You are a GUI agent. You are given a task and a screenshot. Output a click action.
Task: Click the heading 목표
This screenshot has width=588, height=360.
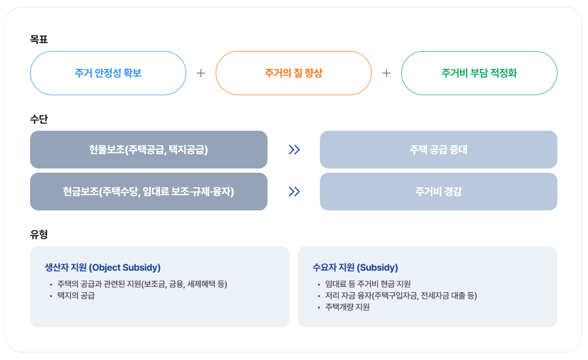39,40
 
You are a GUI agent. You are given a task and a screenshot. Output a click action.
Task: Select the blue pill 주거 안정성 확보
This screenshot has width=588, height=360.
108,73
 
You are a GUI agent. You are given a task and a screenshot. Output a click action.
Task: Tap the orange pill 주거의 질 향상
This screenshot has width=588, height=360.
293,73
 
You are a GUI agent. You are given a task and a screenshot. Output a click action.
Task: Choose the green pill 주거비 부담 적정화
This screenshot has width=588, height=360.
479,73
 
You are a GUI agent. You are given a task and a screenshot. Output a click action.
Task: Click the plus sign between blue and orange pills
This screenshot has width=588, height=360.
201,73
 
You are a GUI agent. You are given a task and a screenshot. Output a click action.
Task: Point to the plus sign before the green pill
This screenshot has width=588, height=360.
386,73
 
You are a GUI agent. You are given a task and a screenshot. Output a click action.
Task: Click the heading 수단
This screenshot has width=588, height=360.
39,119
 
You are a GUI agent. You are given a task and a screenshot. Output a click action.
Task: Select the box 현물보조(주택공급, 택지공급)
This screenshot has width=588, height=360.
149,150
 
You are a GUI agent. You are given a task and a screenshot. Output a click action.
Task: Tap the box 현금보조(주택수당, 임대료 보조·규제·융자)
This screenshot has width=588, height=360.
149,192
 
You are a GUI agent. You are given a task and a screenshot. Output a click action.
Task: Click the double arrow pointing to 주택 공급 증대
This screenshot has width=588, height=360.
294,150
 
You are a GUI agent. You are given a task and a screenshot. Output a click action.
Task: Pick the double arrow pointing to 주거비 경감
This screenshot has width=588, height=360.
294,192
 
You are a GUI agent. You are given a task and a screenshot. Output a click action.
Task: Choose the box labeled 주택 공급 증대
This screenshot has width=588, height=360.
438,150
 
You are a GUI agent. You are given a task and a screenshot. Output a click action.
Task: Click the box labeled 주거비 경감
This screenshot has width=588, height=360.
438,192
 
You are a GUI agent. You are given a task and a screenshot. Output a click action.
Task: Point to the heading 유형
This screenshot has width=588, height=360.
39,235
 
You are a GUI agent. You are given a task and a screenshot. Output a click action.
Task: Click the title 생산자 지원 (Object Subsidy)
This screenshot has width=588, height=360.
102,267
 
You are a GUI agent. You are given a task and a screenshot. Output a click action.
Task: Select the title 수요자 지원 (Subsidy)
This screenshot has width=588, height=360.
355,267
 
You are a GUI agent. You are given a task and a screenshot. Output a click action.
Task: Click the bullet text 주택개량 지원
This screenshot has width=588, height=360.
347,307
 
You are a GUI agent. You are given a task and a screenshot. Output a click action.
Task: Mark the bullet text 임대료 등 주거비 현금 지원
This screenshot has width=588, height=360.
368,284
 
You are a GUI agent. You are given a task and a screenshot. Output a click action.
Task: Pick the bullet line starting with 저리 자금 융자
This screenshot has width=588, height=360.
401,295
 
